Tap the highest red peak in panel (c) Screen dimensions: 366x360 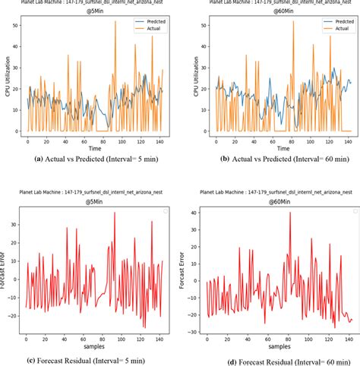click(x=114, y=213)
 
